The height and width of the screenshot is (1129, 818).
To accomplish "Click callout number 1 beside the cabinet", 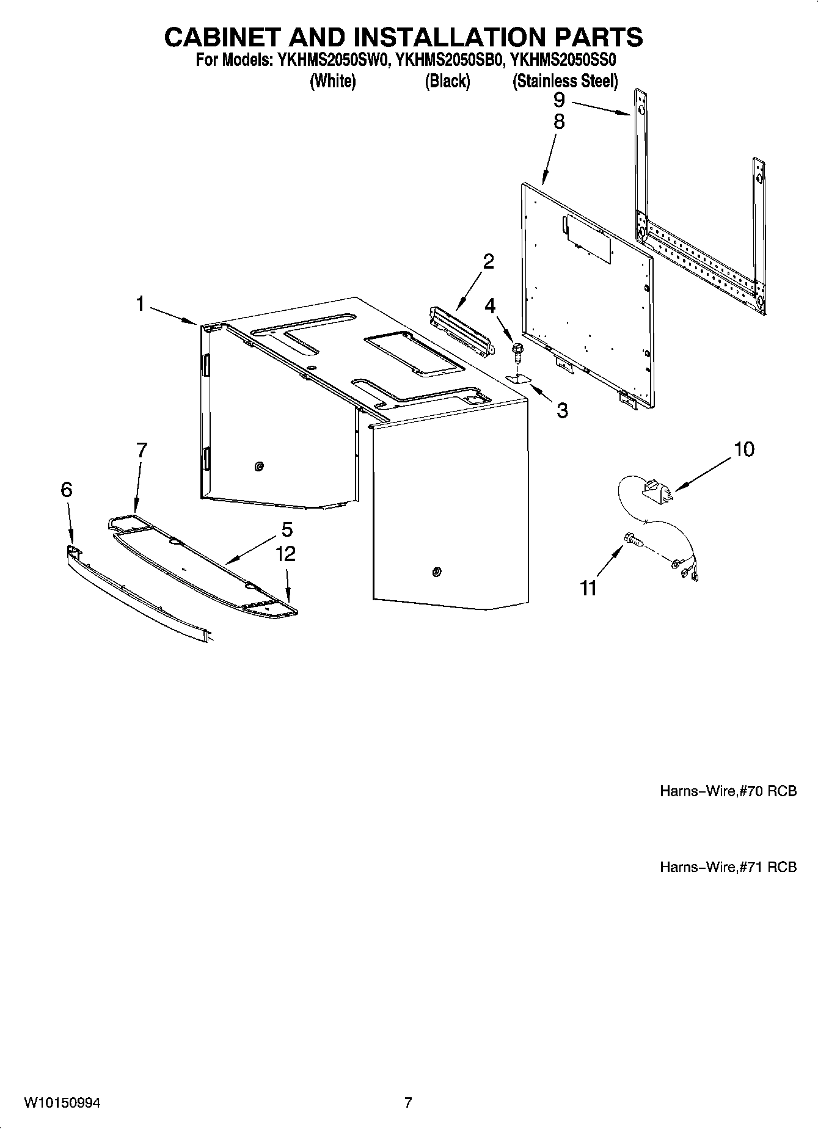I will [141, 303].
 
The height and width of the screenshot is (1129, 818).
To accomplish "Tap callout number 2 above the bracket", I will [488, 261].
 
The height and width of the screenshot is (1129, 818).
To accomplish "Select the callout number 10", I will [744, 449].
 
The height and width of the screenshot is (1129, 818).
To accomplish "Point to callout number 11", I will [588, 587].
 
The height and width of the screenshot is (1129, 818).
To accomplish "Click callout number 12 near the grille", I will [285, 554].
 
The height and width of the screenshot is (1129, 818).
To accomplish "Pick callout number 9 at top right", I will [559, 100].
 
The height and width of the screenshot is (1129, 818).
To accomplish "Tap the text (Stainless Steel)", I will [565, 81].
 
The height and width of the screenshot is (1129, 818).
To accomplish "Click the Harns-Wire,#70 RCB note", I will [728, 791].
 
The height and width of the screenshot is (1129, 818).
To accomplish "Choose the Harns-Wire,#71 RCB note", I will [728, 866].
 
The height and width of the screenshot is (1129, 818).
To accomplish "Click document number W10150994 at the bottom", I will [62, 1103].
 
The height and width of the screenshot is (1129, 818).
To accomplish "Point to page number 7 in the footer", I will [408, 1103].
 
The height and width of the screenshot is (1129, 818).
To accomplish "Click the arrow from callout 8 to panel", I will [548, 158].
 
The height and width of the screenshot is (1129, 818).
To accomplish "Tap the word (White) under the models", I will [333, 81].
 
